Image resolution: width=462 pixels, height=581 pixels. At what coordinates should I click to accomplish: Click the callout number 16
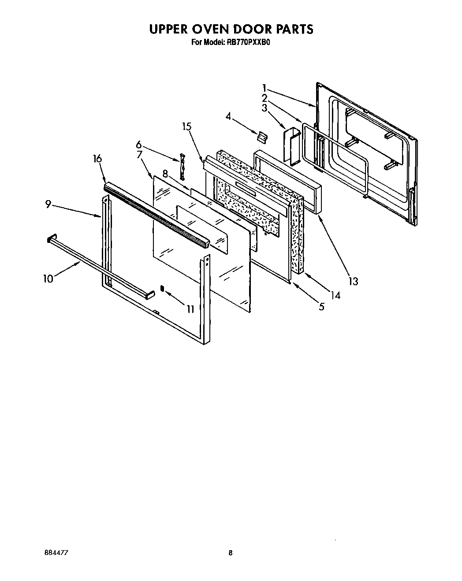[97, 159]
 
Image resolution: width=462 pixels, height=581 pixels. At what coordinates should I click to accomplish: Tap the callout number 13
[353, 281]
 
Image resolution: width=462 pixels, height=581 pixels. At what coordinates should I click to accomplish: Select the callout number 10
[48, 278]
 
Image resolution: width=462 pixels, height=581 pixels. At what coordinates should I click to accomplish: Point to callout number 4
[228, 116]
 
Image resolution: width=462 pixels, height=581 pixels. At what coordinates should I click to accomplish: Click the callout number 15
[187, 127]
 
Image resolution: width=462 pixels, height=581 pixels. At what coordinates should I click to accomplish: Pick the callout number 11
[190, 309]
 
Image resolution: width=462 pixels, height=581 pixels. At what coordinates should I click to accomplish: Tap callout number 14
[336, 295]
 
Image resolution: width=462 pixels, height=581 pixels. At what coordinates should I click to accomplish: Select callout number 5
[321, 306]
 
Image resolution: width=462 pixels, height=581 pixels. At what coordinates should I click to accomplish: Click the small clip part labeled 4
[262, 137]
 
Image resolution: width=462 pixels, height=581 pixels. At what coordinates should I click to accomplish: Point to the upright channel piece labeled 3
[291, 145]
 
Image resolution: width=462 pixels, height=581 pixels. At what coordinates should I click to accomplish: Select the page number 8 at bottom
[231, 553]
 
